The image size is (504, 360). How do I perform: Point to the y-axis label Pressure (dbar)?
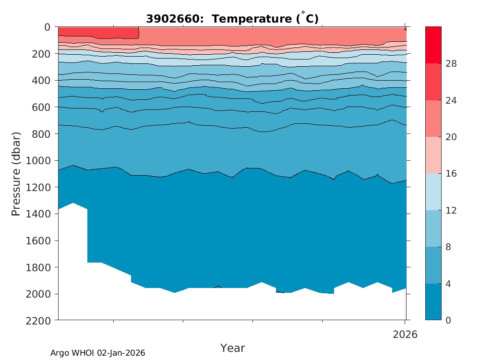(16, 173)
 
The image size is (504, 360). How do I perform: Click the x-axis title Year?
(232, 348)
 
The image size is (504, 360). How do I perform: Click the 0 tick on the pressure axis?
(47, 27)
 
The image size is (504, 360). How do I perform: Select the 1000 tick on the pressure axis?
(40, 160)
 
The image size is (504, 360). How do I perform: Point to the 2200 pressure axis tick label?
(40, 320)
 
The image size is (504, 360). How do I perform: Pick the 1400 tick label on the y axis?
(40, 214)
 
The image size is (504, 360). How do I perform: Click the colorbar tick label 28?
(451, 64)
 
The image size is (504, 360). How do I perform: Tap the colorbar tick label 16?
(451, 174)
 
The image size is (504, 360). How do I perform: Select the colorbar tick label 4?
(449, 284)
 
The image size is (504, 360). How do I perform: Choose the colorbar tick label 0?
(449, 320)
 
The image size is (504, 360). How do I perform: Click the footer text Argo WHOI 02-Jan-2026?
(98, 353)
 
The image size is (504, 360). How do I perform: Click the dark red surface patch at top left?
(96, 32)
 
